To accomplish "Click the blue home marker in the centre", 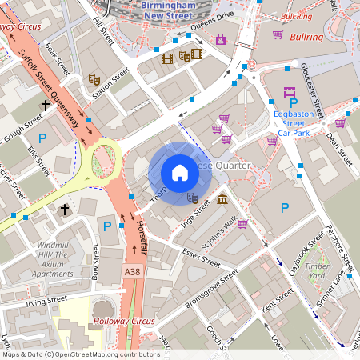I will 179,173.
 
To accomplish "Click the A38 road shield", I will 134,273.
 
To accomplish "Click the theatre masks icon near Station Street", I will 94,80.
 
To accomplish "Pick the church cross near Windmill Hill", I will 65,210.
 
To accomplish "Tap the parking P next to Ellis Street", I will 42,139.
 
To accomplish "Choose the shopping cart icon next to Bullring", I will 278,35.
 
